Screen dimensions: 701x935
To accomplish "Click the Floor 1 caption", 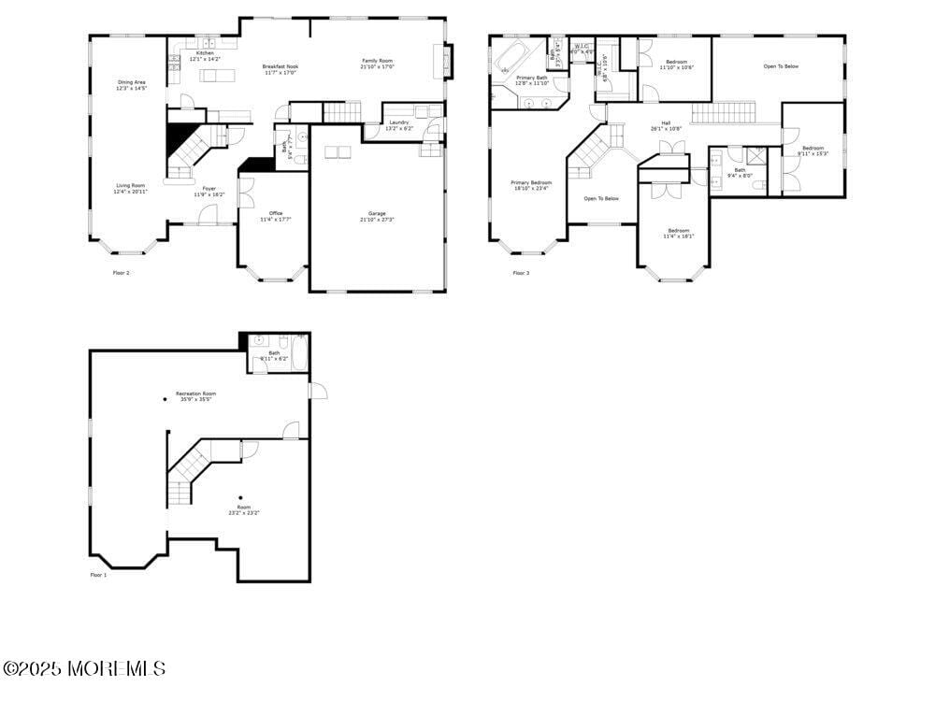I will (98, 576).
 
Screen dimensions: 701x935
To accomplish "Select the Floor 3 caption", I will (521, 273).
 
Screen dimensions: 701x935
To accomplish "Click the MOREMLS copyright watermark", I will (84, 669).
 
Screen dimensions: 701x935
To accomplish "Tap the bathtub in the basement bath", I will (300, 353).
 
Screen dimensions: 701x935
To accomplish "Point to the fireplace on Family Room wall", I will (448, 62).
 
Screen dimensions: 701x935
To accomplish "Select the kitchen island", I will (216, 75).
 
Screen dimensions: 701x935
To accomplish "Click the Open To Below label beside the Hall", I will (601, 198).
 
